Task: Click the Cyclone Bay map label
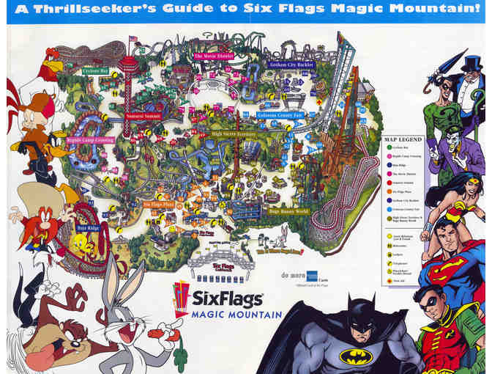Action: [x=95, y=71]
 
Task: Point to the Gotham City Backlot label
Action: [x=292, y=65]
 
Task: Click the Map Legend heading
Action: [x=403, y=139]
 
